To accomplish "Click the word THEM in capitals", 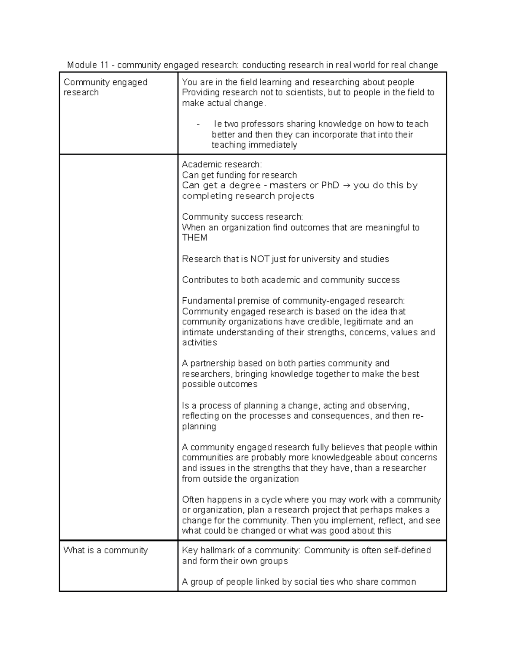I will [x=194, y=238].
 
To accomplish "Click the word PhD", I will [x=330, y=186].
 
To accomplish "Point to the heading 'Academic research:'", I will [x=222, y=164].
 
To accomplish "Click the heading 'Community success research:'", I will [x=242, y=217].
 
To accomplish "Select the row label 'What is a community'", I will [x=105, y=550].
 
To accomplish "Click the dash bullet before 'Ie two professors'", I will [x=198, y=124].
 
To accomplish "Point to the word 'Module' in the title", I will [x=82, y=65].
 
